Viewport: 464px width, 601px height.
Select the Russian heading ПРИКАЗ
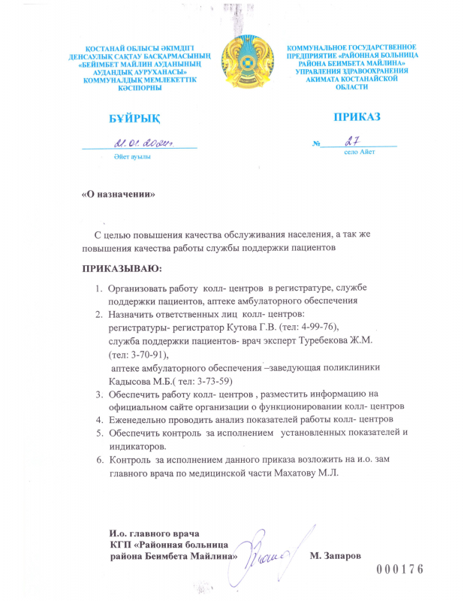click(357, 117)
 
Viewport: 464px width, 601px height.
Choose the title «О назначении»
click(118, 194)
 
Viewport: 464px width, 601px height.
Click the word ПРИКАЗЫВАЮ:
click(121, 268)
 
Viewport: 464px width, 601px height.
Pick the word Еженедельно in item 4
click(140, 418)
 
